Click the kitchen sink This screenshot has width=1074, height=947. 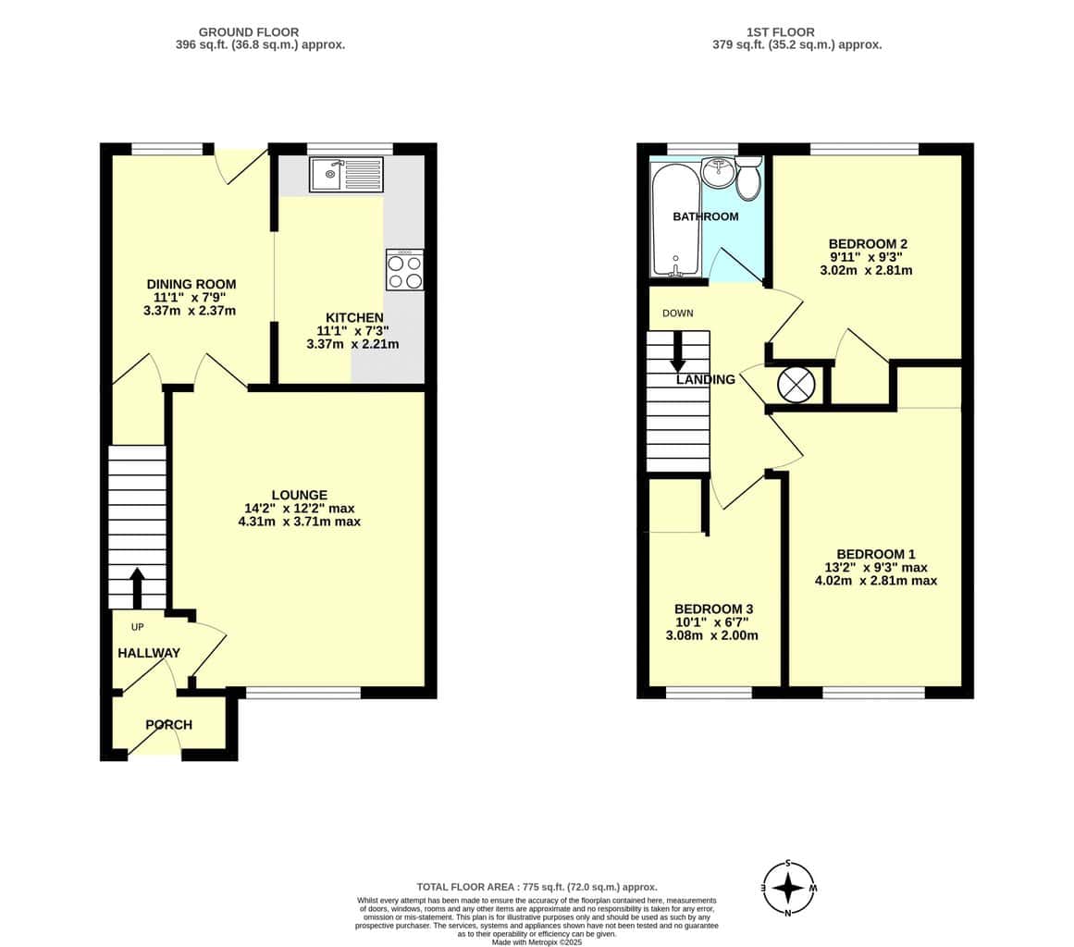coord(346,174)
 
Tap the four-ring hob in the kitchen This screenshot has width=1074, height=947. coord(405,270)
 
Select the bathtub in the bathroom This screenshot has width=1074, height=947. coord(676,220)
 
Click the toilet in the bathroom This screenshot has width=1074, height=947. coord(748,178)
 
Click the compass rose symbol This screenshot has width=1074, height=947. coord(788,889)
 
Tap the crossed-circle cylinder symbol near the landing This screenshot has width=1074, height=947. coord(796,384)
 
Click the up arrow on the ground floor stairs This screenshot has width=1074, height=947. coord(137,587)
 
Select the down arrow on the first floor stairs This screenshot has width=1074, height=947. coord(678,351)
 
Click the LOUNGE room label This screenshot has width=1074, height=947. coord(300,495)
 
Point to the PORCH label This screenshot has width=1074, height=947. coord(168,724)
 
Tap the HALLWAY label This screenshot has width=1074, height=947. coord(149,653)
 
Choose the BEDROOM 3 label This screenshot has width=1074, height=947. coord(713,609)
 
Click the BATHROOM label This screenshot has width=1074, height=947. coord(706,216)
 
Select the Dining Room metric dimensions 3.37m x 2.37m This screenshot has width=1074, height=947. coord(190,311)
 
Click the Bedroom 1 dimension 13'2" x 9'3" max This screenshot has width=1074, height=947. coord(875,568)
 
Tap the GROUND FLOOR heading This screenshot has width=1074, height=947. coord(249,32)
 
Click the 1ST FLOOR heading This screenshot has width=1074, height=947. coord(780,32)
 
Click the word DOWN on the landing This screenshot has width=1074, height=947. coord(677,313)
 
